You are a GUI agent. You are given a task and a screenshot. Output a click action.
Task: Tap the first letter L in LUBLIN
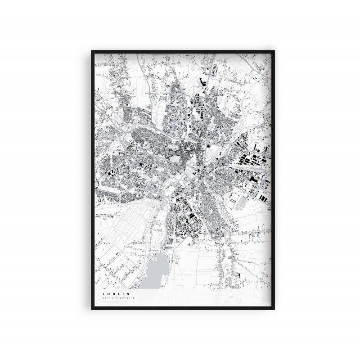pos(103,294)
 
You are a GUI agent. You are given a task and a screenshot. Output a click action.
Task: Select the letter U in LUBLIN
pos(108,294)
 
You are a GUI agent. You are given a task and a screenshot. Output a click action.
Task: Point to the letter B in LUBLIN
pos(114,294)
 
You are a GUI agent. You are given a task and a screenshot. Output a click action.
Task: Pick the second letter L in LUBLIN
pos(119,294)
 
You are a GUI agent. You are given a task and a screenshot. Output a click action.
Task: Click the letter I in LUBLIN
pos(123,294)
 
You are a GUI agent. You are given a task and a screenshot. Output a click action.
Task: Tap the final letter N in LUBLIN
pos(128,294)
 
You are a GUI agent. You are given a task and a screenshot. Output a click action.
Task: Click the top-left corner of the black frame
pos(92,51)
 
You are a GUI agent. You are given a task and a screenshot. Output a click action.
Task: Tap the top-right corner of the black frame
pos(275,51)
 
